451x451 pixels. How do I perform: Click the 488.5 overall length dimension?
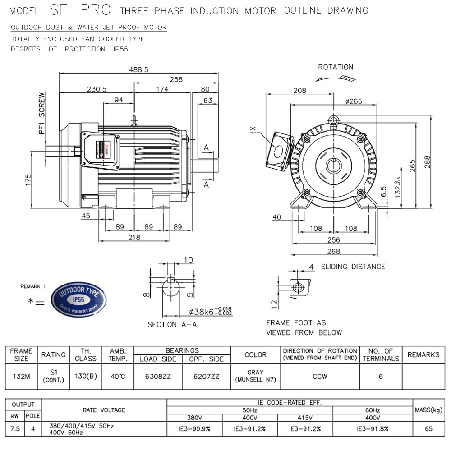139,69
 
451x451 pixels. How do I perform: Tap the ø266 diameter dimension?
353,101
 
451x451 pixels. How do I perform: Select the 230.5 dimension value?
97,89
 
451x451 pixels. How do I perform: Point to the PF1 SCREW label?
42,114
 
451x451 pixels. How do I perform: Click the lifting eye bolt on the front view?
333,120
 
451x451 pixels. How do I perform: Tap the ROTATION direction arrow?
336,78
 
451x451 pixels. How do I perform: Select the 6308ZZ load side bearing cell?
158,376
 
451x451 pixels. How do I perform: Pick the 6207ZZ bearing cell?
207,376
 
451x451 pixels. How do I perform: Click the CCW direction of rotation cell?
320,376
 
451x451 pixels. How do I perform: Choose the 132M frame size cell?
21,376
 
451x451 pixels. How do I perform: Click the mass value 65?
428,429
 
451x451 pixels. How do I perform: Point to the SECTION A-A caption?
172,325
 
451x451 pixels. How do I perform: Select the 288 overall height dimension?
427,161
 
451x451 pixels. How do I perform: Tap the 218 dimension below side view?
134,237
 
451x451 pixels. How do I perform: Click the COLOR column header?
255,354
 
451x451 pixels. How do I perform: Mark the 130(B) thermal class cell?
86,376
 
